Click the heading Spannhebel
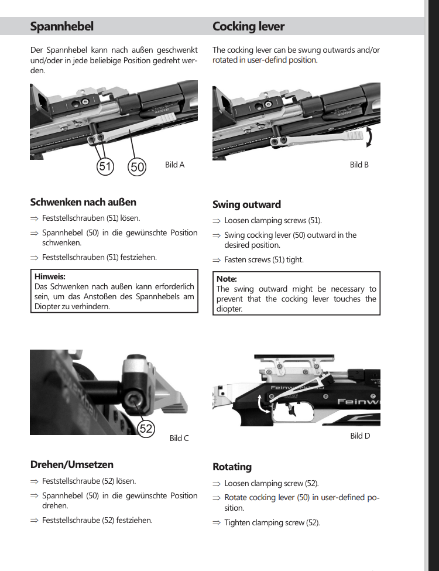61,26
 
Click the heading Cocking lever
248,26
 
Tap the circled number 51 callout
105,166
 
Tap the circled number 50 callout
137,166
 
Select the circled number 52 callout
146,428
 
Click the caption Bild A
174,165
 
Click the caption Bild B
359,165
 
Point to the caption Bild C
179,438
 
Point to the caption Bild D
360,436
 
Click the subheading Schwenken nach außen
83,202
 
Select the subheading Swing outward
246,204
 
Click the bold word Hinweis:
50,276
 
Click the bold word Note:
227,279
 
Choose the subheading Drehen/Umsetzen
72,464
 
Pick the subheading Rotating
232,467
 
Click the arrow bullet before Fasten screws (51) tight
216,259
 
